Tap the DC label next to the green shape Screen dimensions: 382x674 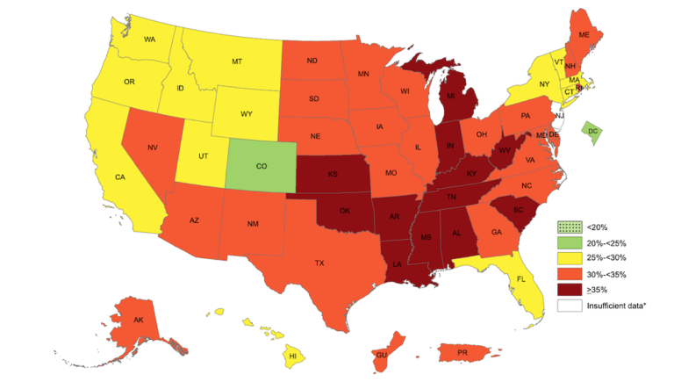click(x=593, y=131)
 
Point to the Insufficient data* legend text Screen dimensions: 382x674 click(x=620, y=306)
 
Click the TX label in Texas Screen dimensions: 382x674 click(x=319, y=263)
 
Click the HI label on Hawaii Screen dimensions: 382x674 click(x=293, y=357)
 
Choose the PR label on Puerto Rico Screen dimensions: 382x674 click(x=462, y=353)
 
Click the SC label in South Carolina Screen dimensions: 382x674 click(x=505, y=211)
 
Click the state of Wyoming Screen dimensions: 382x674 click(x=247, y=114)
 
